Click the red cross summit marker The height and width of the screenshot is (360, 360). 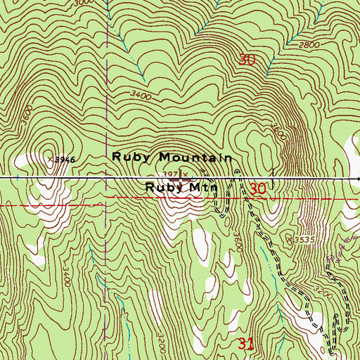click(184, 176)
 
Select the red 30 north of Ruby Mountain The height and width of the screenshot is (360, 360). click(247, 61)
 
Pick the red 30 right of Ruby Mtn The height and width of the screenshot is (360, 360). click(258, 188)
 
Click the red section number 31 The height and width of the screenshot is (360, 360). click(245, 344)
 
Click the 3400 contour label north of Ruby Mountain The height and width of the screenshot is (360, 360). click(141, 92)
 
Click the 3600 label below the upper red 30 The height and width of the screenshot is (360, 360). click(277, 131)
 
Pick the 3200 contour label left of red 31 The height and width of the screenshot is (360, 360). click(162, 326)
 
